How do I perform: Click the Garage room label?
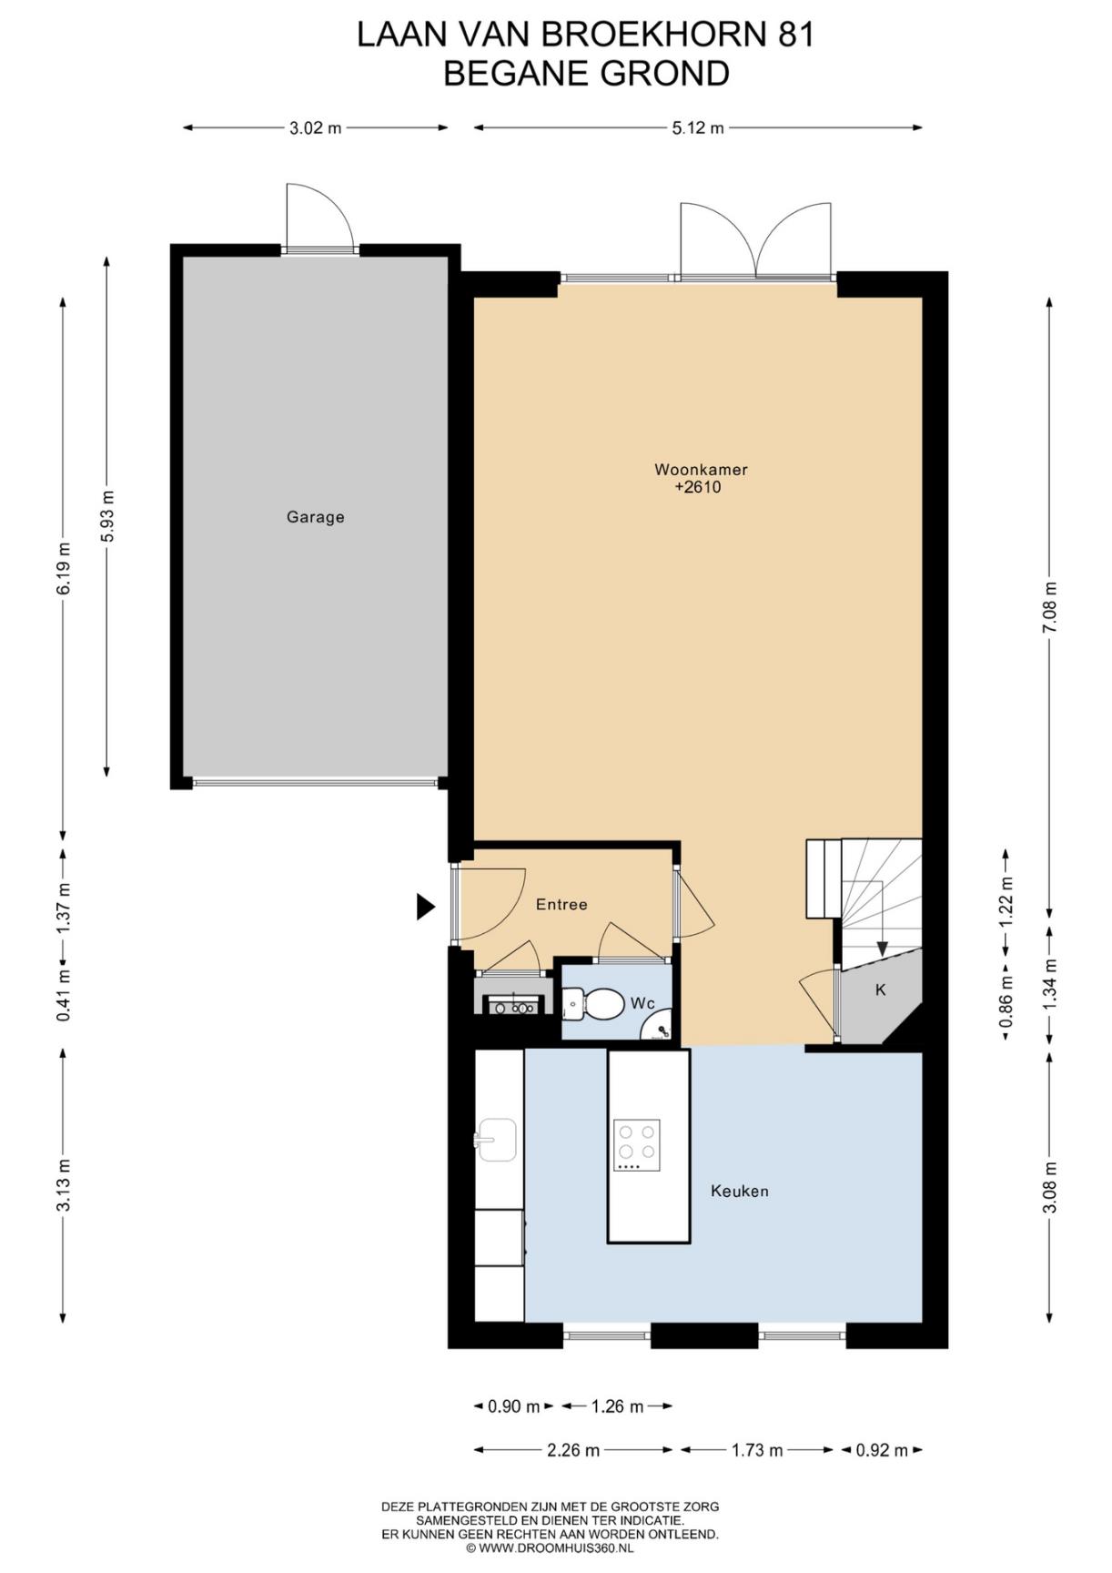(315, 517)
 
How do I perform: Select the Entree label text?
(561, 904)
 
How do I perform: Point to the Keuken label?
(740, 1191)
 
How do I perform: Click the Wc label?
(642, 1003)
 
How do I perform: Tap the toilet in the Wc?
(593, 1005)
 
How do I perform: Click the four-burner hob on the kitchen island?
(636, 1145)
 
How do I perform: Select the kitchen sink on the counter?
(496, 1140)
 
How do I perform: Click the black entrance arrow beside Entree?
(425, 907)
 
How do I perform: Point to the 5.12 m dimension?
(698, 128)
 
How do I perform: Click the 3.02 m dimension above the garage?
(316, 128)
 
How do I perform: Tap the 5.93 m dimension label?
(107, 516)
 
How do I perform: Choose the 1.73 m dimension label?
(757, 1450)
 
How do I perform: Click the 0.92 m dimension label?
(882, 1450)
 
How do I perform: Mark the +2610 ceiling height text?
(698, 487)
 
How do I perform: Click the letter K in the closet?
(881, 989)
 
